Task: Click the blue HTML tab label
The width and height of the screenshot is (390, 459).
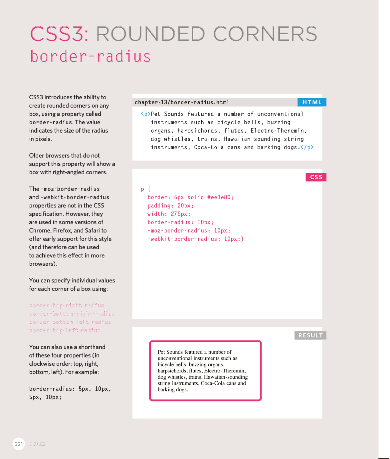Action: point(312,102)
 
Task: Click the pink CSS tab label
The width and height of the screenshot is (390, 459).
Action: point(316,177)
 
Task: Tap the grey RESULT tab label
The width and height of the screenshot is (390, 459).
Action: point(310,335)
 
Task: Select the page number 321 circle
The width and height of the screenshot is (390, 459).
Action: point(19,444)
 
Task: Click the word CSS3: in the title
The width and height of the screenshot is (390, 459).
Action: point(59,34)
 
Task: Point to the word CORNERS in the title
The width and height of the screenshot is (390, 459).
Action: point(265,34)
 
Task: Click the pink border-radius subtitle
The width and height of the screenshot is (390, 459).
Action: point(90,56)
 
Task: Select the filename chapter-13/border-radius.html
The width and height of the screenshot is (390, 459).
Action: point(182,102)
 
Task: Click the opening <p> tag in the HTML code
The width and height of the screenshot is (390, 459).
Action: point(145,114)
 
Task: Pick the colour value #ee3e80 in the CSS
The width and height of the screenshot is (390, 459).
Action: point(220,197)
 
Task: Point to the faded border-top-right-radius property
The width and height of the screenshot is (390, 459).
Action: point(67,305)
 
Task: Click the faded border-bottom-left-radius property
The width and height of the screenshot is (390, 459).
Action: point(70,322)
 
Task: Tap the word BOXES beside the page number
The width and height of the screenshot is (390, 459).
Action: point(37,444)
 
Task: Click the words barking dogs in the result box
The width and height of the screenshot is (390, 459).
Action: point(173,390)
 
